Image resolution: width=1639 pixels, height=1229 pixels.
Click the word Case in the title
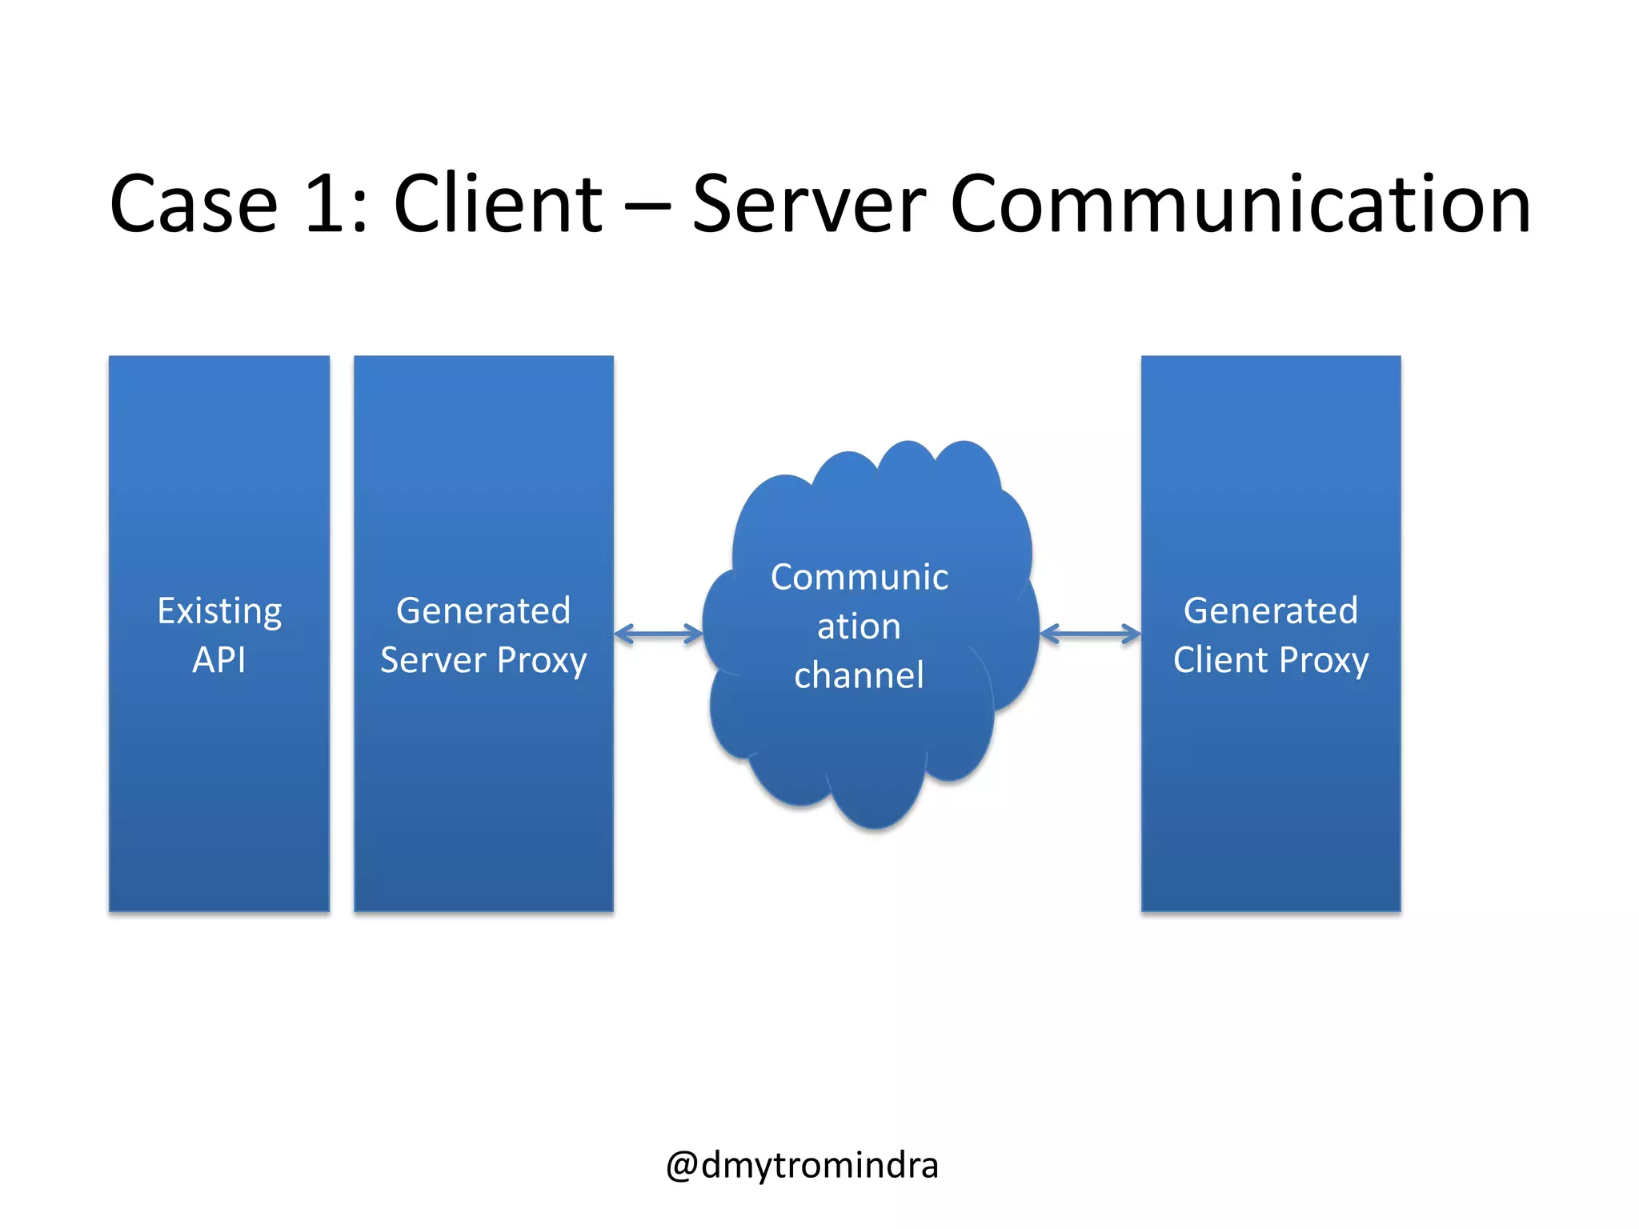[x=194, y=206]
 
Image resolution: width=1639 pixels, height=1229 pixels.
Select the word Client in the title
[x=498, y=206]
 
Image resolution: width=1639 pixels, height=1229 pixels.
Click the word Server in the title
[x=808, y=206]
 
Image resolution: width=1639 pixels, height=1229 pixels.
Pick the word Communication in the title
[x=1240, y=206]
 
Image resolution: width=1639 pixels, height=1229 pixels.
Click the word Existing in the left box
[x=219, y=612]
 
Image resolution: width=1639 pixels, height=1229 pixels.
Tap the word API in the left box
[x=219, y=661]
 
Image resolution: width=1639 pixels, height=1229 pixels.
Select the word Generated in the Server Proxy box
[x=483, y=611]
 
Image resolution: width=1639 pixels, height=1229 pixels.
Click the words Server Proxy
[x=483, y=661]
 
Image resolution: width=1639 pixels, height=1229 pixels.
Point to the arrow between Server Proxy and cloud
[x=658, y=635]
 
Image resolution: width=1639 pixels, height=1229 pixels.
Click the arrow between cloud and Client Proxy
[x=1090, y=635]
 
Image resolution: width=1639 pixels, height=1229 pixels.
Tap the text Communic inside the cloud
[x=860, y=578]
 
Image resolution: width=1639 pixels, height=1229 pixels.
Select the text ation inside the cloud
[x=859, y=627]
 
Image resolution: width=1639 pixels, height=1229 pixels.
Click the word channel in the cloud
[x=859, y=675]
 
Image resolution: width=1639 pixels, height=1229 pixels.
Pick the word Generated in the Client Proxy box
[x=1271, y=611]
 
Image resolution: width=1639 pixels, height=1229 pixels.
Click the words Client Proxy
[x=1271, y=661]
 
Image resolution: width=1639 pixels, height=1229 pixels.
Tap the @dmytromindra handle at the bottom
[x=802, y=1165]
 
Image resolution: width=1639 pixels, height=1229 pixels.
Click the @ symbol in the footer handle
[x=682, y=1167]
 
